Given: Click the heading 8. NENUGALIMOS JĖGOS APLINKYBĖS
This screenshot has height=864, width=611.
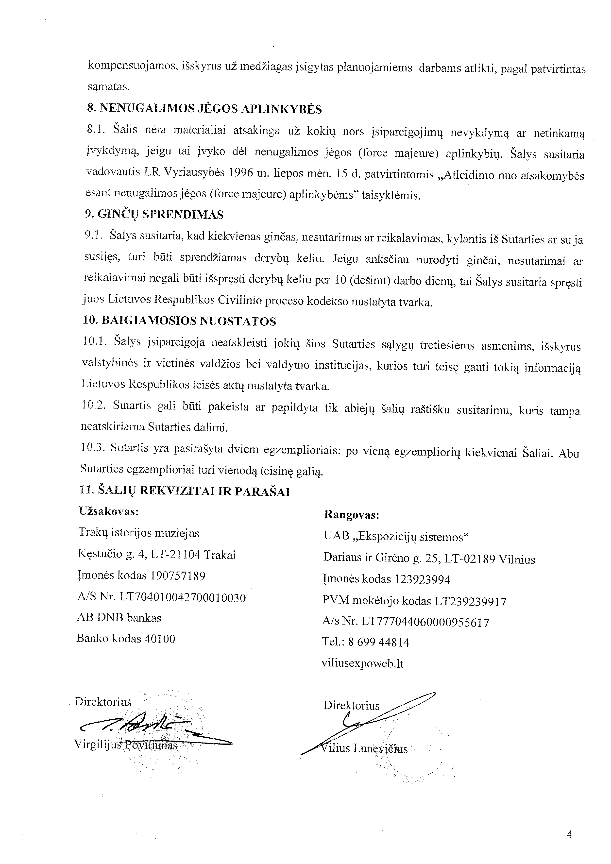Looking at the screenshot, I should click(204, 109).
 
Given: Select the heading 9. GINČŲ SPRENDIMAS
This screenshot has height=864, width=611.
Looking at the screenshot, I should click(154, 215).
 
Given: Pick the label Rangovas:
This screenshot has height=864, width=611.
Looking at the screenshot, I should click(351, 515).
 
